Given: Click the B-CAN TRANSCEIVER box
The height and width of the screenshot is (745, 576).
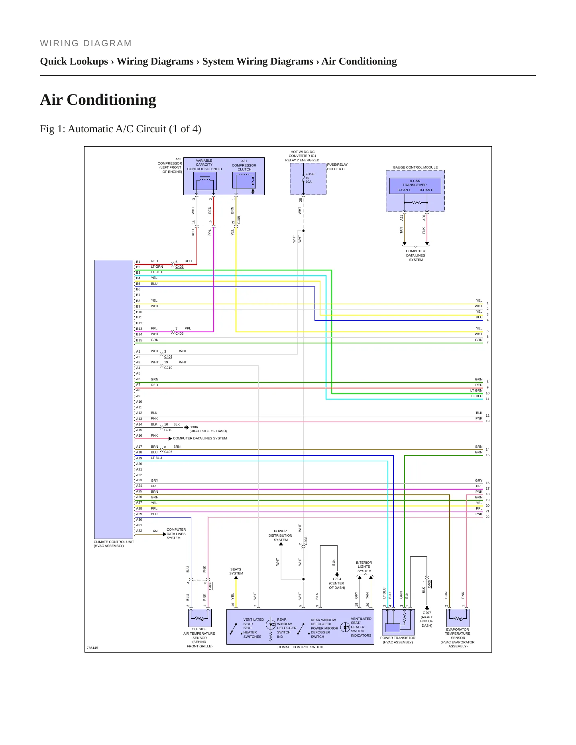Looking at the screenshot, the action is coord(415,186).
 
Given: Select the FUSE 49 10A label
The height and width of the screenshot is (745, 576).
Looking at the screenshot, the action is coord(310,178).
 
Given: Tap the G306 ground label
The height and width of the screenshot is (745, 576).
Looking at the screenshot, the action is coord(193,427).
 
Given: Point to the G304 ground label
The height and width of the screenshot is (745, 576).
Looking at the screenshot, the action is coord(337,579).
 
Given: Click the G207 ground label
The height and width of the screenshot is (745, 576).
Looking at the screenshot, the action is coord(427,613).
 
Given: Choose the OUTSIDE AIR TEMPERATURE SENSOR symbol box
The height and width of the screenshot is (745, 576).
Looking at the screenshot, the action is coord(200,618).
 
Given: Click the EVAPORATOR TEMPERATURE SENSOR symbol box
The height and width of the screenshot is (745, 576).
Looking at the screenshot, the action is coord(458,618).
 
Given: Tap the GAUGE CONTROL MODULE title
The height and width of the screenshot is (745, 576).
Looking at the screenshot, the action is coord(415,167).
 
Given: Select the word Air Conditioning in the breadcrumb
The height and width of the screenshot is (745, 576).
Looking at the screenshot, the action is coord(359,61).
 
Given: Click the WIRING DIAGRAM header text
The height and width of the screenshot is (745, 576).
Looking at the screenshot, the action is coord(86,43).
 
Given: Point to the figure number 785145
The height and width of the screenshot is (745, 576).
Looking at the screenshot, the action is coord(92,648).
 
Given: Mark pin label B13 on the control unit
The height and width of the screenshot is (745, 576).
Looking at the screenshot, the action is coord(139,329).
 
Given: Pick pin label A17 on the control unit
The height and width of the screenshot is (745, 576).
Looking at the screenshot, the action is coord(139,447).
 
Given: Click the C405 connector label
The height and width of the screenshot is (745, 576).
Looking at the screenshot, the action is coord(239,220).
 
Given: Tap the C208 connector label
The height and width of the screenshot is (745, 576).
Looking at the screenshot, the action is coord(306,541).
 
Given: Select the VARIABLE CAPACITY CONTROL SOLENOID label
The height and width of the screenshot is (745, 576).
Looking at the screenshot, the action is coord(204,165).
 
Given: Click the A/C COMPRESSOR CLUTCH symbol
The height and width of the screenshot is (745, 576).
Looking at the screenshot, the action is coord(244,181).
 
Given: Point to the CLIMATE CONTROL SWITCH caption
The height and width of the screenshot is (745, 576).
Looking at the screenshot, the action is coord(300,647).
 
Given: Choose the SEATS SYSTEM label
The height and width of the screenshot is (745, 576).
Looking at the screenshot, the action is coord(236,571).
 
